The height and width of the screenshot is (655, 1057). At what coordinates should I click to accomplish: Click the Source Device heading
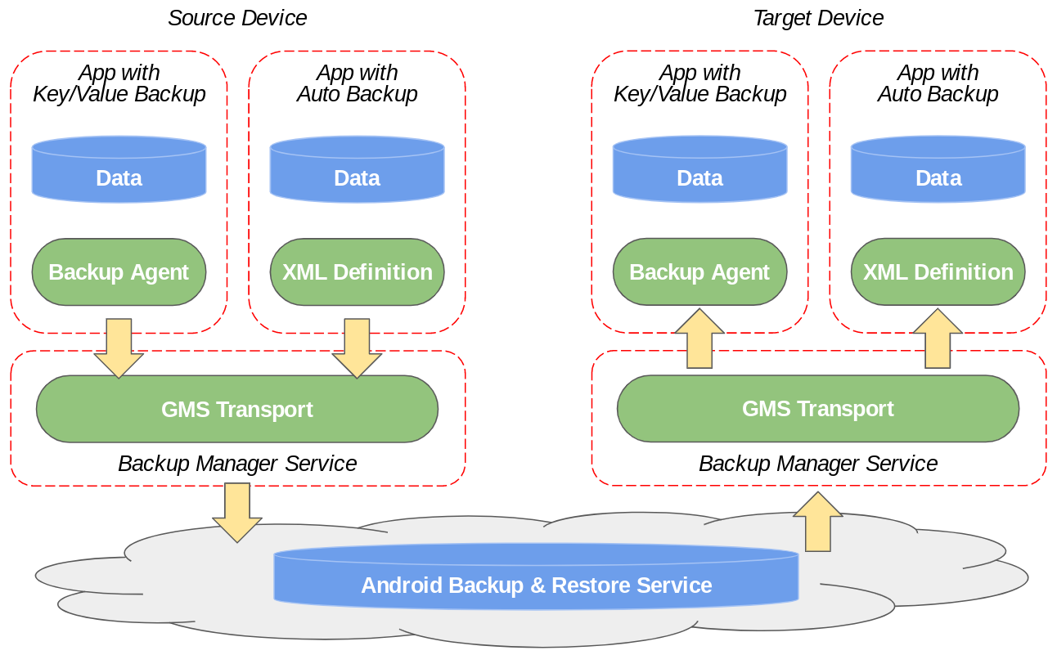(237, 18)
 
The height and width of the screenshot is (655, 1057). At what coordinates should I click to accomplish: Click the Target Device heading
(818, 18)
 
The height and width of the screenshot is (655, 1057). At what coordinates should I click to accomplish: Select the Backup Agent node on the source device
(119, 272)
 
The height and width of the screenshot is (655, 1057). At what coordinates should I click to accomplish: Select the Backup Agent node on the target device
(699, 272)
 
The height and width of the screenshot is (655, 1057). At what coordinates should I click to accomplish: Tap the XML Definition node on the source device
(357, 272)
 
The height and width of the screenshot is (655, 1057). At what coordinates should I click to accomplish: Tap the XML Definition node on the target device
(938, 272)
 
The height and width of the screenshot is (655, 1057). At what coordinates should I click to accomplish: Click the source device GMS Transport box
(237, 409)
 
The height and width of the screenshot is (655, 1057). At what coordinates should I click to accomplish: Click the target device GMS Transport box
(818, 409)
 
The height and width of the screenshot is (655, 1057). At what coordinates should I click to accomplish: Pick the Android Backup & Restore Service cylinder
(536, 585)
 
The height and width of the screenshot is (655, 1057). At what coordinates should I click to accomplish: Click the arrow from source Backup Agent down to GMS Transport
(119, 348)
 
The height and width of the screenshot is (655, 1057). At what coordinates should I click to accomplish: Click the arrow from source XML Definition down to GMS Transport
(357, 348)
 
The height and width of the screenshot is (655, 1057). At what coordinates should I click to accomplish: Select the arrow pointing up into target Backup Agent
(699, 339)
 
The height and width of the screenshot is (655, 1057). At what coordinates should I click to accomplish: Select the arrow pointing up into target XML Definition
(938, 339)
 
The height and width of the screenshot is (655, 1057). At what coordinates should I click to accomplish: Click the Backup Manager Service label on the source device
(237, 464)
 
